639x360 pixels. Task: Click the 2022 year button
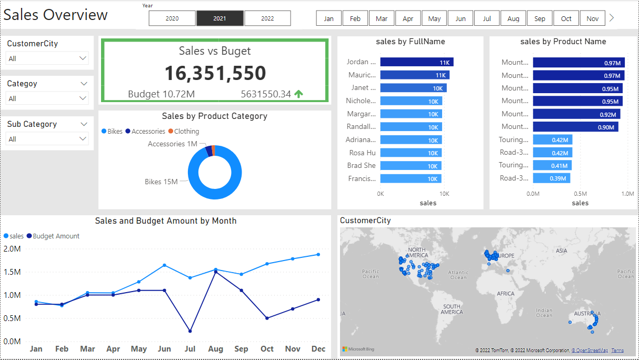pyautogui.click(x=267, y=18)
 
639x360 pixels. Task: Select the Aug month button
pyautogui.click(x=513, y=18)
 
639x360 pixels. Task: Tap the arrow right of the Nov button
pyautogui.click(x=612, y=18)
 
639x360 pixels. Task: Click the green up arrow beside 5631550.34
pyautogui.click(x=298, y=94)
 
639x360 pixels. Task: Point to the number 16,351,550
pyautogui.click(x=215, y=73)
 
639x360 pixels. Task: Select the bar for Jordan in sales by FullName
pyautogui.click(x=416, y=62)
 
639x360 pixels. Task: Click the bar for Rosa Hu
pyautogui.click(x=411, y=153)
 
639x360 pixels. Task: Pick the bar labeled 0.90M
pyautogui.click(x=575, y=127)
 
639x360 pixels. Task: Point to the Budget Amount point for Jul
pyautogui.click(x=190, y=331)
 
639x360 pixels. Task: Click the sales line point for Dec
pyautogui.click(x=318, y=255)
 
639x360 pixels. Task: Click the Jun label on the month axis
pyautogui.click(x=164, y=349)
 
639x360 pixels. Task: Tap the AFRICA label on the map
pyautogui.click(x=506, y=293)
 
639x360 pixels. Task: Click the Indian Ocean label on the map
pyautogui.click(x=544, y=313)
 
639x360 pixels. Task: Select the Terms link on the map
pyautogui.click(x=617, y=351)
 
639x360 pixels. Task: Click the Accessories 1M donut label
pyautogui.click(x=173, y=144)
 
